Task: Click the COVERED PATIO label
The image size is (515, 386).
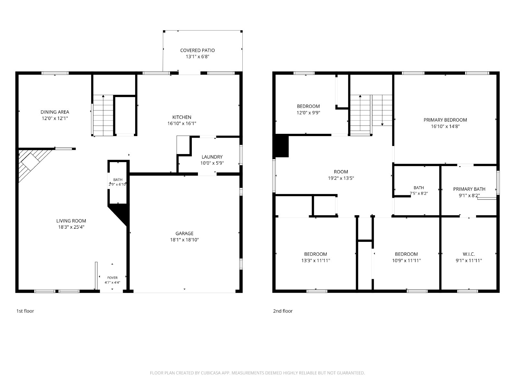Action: click(x=197, y=51)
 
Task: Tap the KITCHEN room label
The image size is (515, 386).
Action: click(x=182, y=117)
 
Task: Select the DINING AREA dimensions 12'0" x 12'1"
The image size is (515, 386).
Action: click(x=55, y=118)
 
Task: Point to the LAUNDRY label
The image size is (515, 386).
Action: click(x=212, y=157)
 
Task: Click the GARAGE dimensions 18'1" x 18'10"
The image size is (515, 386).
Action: click(x=184, y=240)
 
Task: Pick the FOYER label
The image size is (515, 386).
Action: click(x=112, y=278)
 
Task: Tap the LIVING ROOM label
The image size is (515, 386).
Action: click(x=71, y=221)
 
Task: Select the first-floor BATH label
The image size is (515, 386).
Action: click(x=118, y=179)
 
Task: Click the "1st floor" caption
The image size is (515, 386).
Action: click(x=25, y=311)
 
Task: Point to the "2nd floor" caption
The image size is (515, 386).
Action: click(x=283, y=311)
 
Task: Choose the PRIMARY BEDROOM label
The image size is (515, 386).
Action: click(x=445, y=120)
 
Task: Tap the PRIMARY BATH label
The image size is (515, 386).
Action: click(x=469, y=189)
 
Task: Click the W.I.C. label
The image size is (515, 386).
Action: click(x=469, y=254)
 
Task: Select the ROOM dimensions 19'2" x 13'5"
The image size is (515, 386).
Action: click(x=341, y=178)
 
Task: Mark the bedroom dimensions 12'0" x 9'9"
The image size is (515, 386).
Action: click(x=308, y=113)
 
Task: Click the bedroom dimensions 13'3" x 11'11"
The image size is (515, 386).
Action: click(x=315, y=260)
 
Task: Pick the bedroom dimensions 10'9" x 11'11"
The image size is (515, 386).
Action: click(x=407, y=260)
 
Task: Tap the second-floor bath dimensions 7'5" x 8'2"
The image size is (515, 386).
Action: click(x=419, y=194)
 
